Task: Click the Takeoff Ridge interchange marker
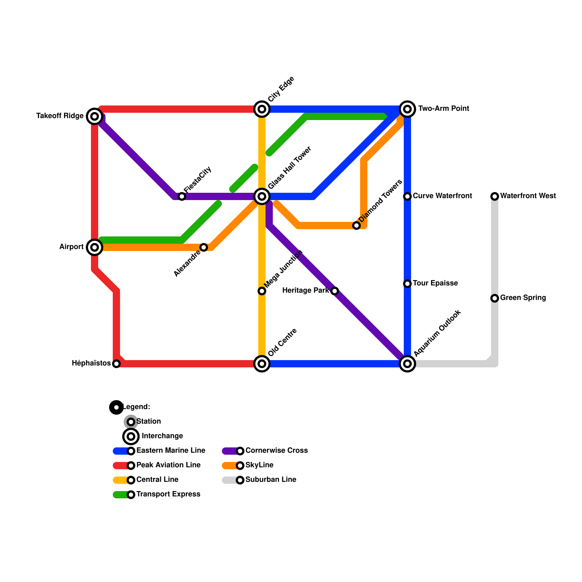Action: pos(95,116)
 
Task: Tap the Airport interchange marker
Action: pos(95,247)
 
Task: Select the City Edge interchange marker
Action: pos(262,109)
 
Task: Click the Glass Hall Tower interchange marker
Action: pos(262,196)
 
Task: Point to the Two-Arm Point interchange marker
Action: pos(407,109)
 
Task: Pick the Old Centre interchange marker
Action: pos(262,364)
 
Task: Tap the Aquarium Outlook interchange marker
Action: pos(407,364)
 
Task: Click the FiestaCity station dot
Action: pos(182,196)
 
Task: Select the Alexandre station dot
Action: pos(204,247)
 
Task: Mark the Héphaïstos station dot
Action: pos(116,364)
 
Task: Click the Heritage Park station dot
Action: pos(335,291)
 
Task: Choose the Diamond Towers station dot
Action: pos(356,226)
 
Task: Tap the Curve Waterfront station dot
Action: pos(407,196)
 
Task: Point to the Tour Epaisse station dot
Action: pos(407,284)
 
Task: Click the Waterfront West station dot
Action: pos(495,196)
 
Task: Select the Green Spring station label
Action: pos(523,298)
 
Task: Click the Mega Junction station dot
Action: pos(262,291)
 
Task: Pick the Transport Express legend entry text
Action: pos(168,494)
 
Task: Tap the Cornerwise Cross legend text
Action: pos(276,451)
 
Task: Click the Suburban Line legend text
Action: pos(271,480)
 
